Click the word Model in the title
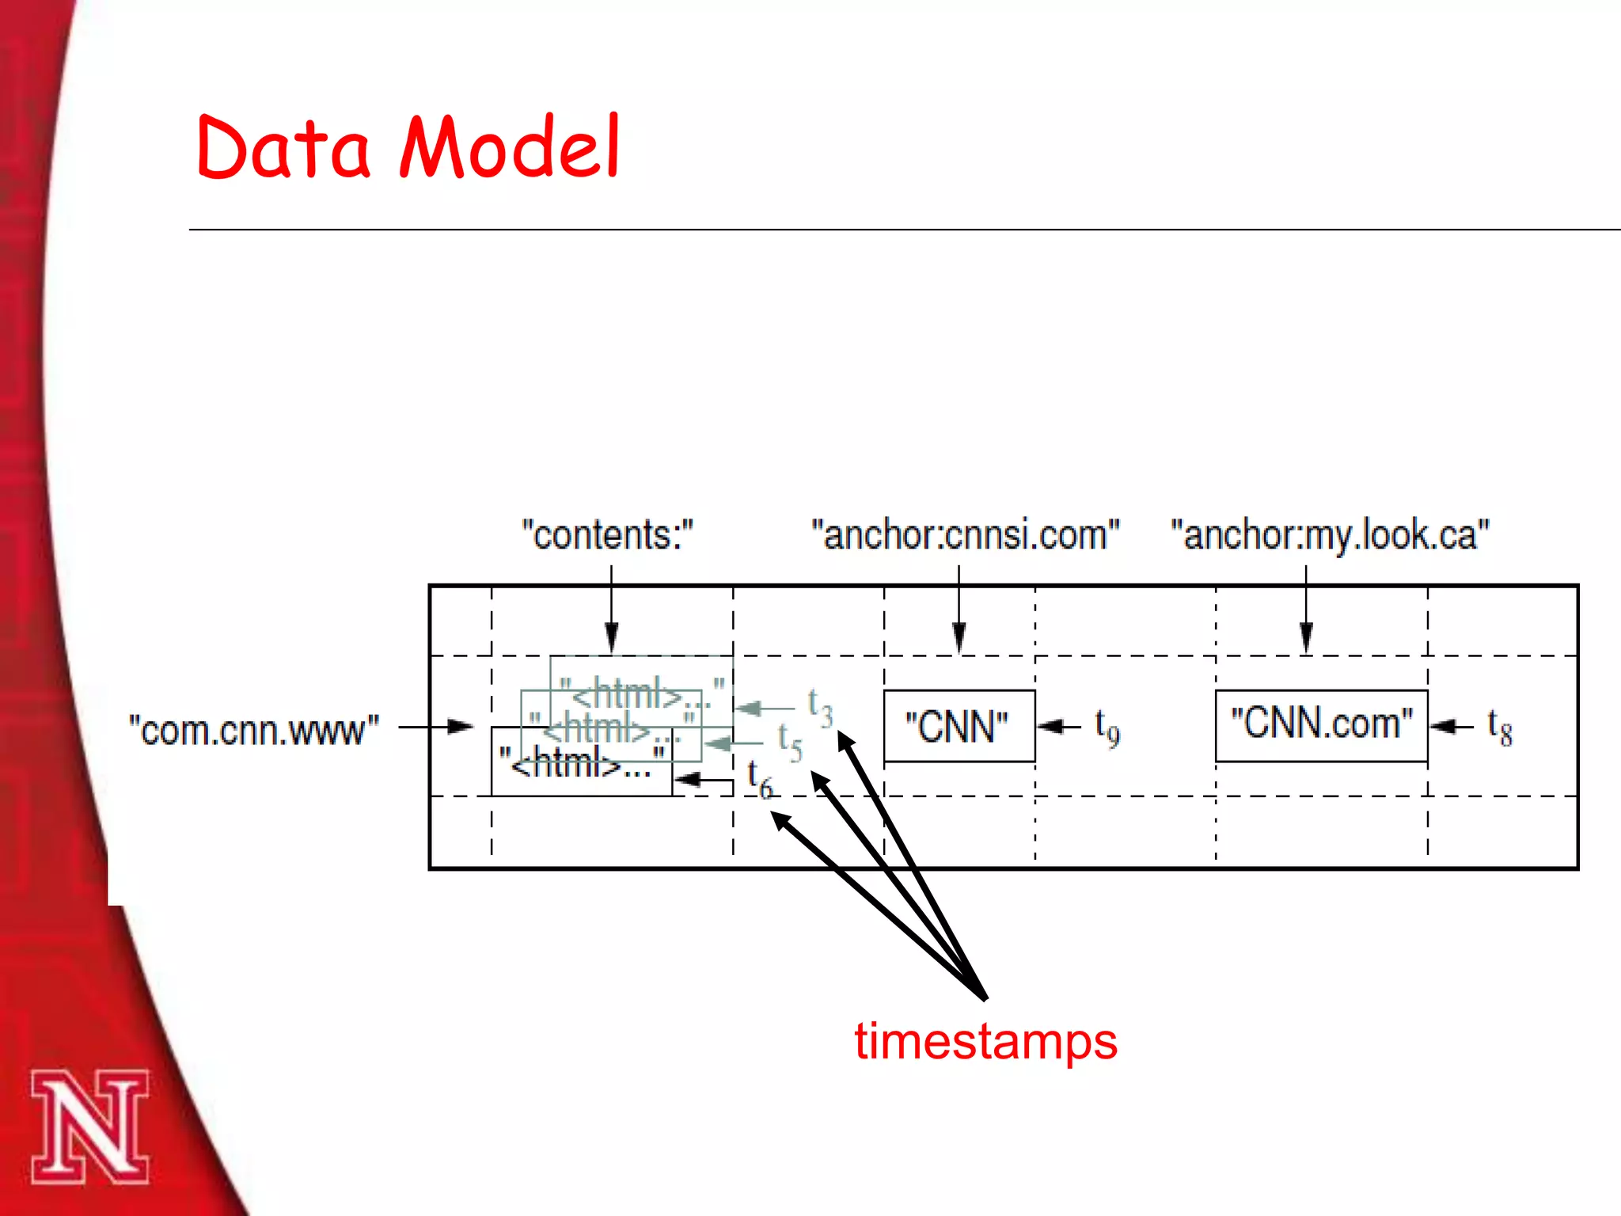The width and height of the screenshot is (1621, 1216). pyautogui.click(x=511, y=147)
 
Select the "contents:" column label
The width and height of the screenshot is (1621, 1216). pyautogui.click(x=607, y=535)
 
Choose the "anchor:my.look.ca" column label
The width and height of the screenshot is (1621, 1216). pyautogui.click(x=1330, y=535)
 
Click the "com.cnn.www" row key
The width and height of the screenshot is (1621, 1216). pyautogui.click(x=254, y=729)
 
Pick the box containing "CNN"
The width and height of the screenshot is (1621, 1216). pyautogui.click(x=959, y=726)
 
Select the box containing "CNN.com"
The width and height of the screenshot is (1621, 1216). pyautogui.click(x=1321, y=725)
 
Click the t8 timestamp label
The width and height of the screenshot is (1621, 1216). pyautogui.click(x=1499, y=726)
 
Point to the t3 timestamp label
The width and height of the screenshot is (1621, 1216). pyautogui.click(x=820, y=707)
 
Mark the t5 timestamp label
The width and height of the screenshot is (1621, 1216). pyautogui.click(x=789, y=742)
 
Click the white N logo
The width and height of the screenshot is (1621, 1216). pyautogui.click(x=89, y=1126)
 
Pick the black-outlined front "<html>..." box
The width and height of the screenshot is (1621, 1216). pyautogui.click(x=582, y=762)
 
